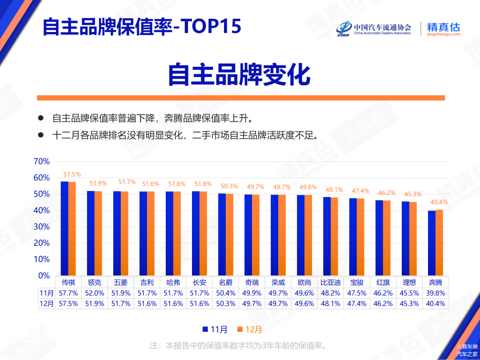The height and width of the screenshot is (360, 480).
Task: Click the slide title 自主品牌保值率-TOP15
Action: coord(142,27)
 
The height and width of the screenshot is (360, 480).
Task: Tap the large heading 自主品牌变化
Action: coord(239,75)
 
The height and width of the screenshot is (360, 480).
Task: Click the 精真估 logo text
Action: coord(443,27)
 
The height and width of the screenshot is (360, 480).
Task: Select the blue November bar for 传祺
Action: coord(64,228)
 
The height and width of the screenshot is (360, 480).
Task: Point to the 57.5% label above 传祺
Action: coord(72,175)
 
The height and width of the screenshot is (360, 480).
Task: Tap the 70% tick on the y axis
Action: coord(42,162)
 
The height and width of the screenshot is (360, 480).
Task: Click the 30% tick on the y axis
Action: coord(42,227)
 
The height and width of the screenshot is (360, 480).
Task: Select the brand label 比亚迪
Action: coord(330,282)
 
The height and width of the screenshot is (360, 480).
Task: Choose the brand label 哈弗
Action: coord(173,282)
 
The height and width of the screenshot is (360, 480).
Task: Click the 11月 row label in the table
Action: coord(47,293)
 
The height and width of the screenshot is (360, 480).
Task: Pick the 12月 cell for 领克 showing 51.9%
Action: coord(95,304)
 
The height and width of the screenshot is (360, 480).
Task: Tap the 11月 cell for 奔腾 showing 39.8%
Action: coord(436,293)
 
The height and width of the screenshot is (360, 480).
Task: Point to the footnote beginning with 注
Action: coord(238,345)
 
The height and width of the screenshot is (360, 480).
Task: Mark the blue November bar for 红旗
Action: coord(379,238)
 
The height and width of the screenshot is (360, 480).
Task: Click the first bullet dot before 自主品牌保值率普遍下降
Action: coord(41,118)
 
